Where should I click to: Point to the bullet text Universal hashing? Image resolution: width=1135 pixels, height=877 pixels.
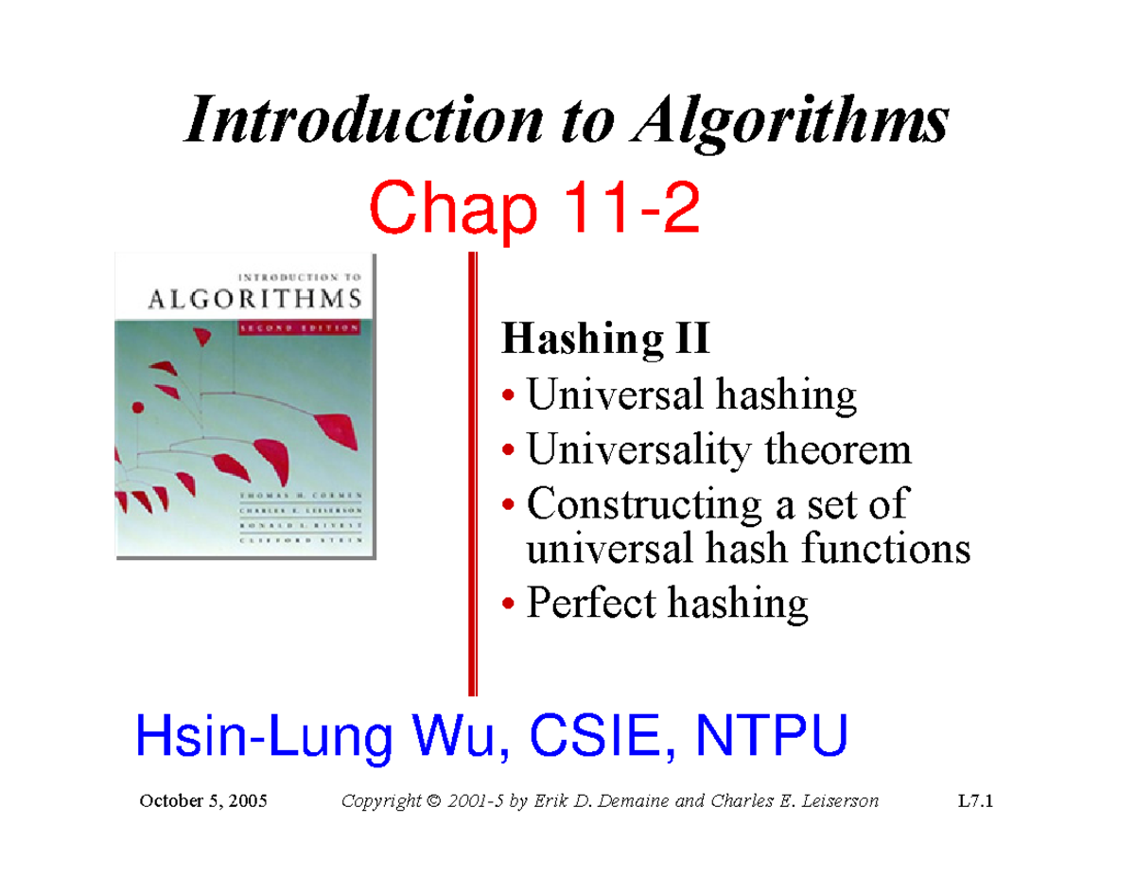(691, 395)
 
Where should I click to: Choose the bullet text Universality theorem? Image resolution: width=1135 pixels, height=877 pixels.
(719, 449)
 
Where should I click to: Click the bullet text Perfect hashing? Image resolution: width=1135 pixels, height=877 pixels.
(667, 602)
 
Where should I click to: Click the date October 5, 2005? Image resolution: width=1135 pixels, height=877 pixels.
(202, 801)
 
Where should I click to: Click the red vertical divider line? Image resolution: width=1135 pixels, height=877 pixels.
(473, 473)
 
